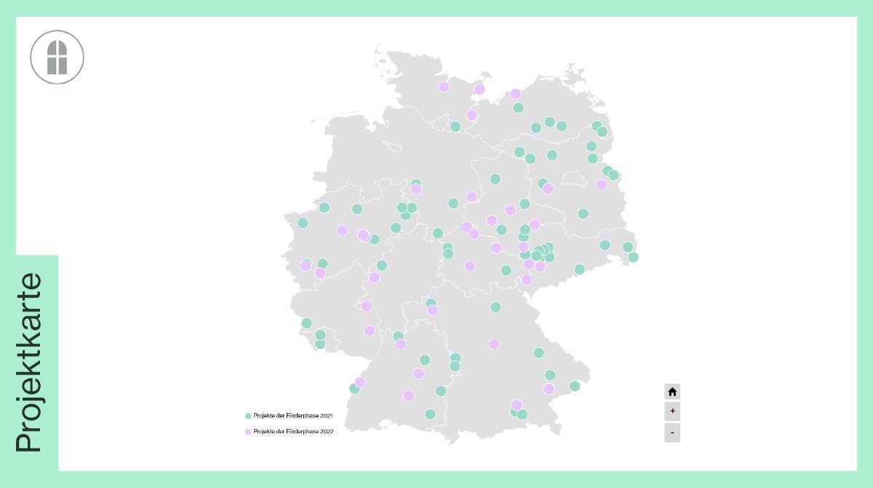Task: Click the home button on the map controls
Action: click(x=672, y=391)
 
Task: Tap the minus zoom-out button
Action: click(x=672, y=433)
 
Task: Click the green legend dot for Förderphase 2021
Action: click(x=248, y=416)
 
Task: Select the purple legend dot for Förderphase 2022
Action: click(x=248, y=432)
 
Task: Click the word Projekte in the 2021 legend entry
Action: click(x=264, y=416)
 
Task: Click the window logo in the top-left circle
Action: click(x=57, y=57)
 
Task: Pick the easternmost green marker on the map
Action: click(x=634, y=257)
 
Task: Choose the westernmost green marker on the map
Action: click(x=303, y=223)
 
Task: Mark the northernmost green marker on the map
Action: click(x=519, y=108)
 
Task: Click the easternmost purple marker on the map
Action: click(x=602, y=185)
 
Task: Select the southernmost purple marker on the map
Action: click(x=517, y=405)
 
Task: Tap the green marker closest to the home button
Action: click(x=575, y=386)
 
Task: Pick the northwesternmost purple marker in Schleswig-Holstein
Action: click(x=444, y=87)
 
